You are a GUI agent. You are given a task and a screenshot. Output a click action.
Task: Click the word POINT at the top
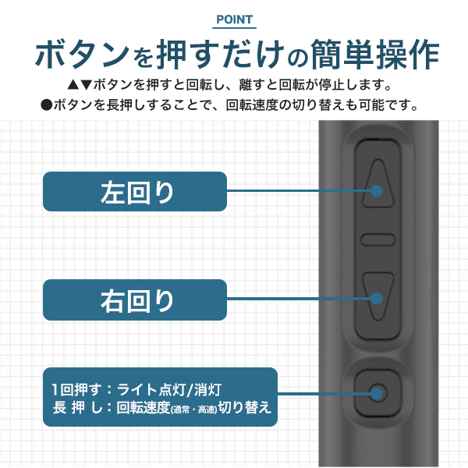click(x=234, y=19)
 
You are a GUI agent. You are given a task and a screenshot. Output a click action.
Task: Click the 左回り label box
click(x=135, y=191)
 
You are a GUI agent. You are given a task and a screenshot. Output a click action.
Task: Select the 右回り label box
click(x=135, y=300)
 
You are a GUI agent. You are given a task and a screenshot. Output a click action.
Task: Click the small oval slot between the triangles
click(x=378, y=239)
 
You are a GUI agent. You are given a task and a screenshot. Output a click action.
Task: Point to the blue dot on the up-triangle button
click(x=377, y=191)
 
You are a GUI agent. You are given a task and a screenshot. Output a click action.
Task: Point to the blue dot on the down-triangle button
click(x=377, y=298)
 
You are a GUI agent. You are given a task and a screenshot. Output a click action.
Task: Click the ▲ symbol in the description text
click(x=73, y=85)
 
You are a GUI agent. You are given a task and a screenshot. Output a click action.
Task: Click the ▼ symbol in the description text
click(x=86, y=85)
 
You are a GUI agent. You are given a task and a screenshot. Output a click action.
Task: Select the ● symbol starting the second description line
click(x=47, y=105)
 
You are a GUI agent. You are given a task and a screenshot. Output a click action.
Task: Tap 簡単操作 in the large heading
click(x=375, y=55)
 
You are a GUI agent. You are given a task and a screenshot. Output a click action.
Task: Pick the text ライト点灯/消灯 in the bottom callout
click(x=169, y=389)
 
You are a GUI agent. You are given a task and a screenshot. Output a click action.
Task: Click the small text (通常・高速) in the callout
click(x=193, y=409)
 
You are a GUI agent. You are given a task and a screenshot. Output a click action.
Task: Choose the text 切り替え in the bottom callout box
click(x=245, y=407)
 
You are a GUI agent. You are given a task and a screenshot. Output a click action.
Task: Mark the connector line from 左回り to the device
click(x=299, y=191)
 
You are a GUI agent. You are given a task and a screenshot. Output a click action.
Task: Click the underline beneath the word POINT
click(x=234, y=28)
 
